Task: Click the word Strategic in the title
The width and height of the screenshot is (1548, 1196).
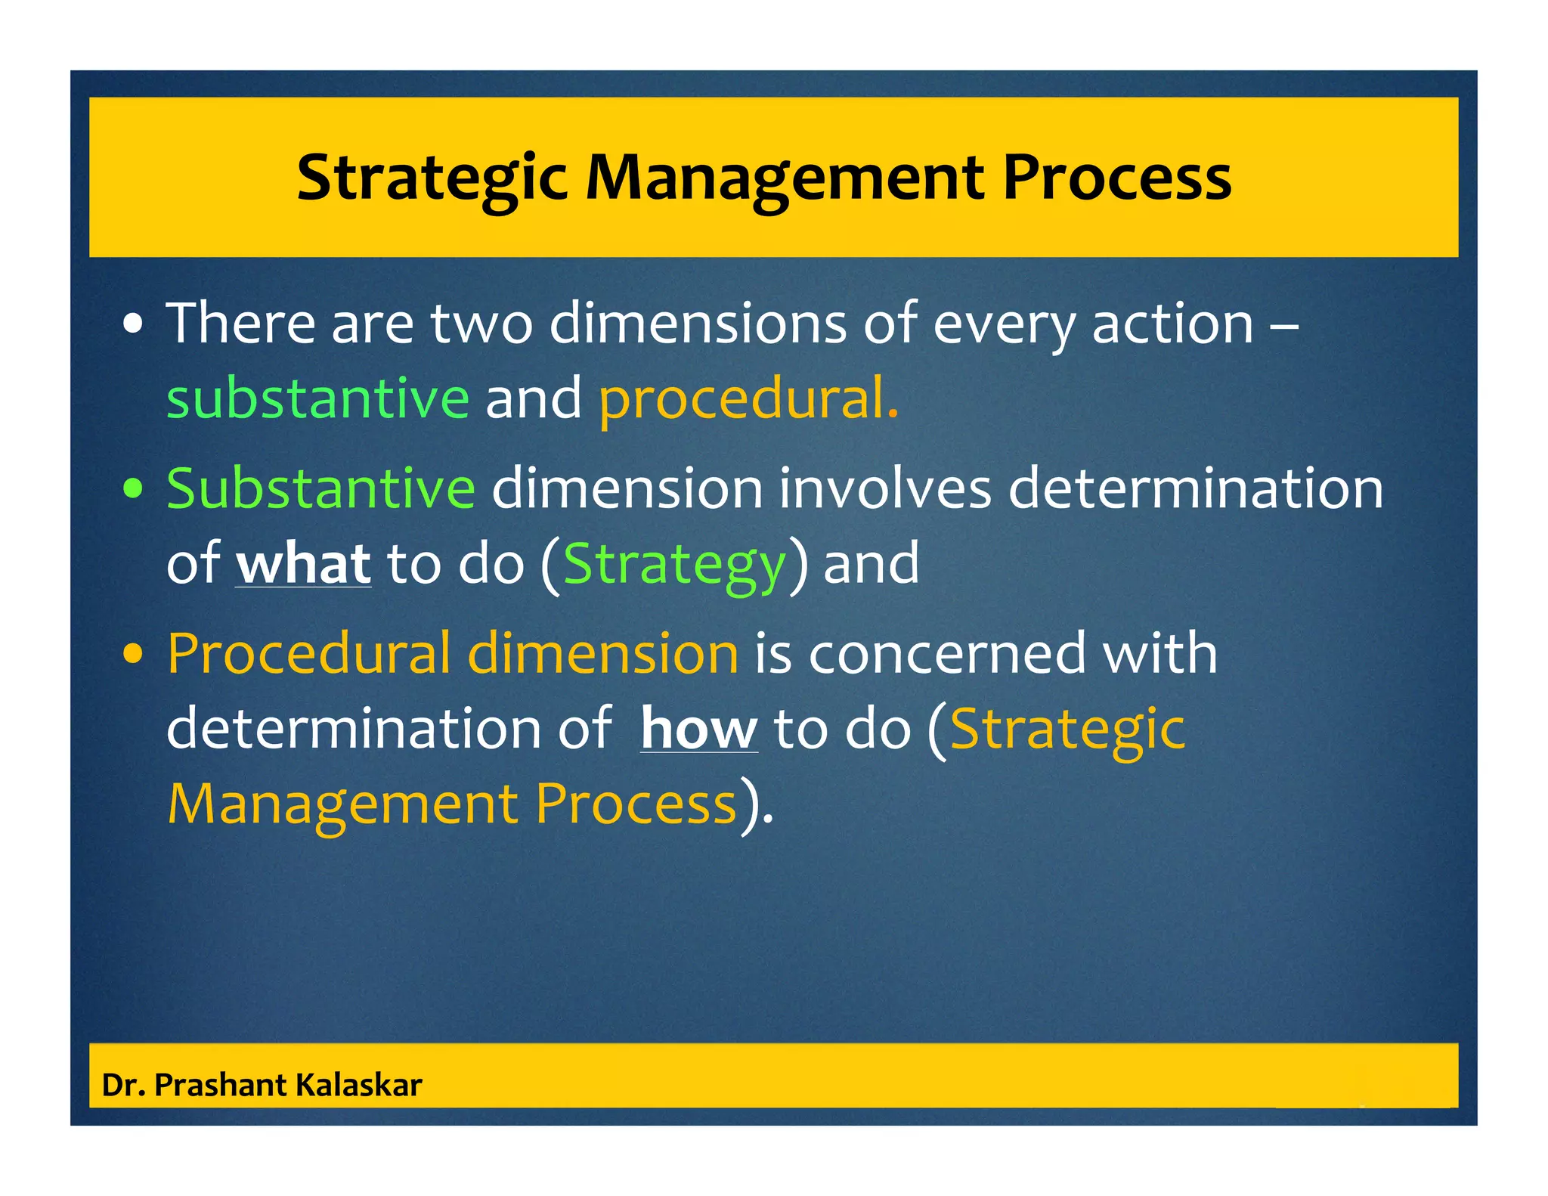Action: tap(431, 178)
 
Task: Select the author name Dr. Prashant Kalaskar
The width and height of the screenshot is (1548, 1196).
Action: tap(262, 1085)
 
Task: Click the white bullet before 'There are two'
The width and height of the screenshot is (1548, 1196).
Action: tap(133, 325)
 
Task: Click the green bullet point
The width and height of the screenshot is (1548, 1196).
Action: tap(133, 489)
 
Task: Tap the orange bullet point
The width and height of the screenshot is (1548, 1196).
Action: tap(133, 655)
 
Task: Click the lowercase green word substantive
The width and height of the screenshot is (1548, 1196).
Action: tap(317, 398)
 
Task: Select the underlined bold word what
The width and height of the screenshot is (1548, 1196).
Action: tap(303, 564)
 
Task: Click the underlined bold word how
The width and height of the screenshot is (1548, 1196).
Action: tap(698, 729)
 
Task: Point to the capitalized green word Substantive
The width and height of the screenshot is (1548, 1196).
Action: tap(320, 488)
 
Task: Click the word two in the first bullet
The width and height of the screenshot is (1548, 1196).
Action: tap(481, 324)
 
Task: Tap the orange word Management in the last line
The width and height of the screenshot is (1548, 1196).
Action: tap(342, 804)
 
